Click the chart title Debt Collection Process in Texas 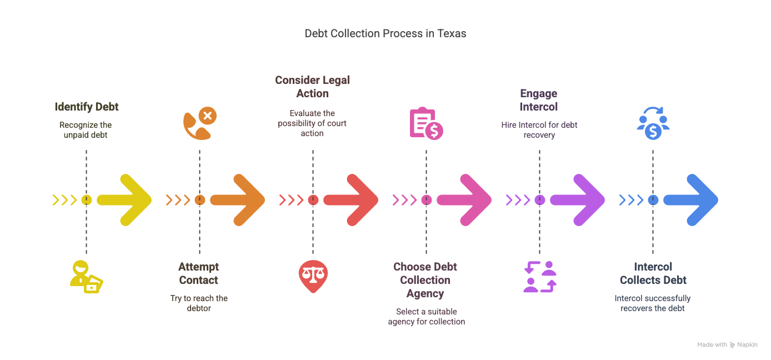pyautogui.click(x=385, y=33)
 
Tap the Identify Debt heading pyautogui.click(x=87, y=107)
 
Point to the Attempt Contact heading pyautogui.click(x=199, y=273)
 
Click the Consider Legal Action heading pyautogui.click(x=313, y=87)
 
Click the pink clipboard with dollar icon pyautogui.click(x=426, y=123)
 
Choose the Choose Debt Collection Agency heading pyautogui.click(x=425, y=280)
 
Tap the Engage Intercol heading pyautogui.click(x=539, y=100)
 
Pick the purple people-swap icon pyautogui.click(x=539, y=277)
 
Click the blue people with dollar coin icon pyautogui.click(x=653, y=124)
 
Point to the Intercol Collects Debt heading pyautogui.click(x=653, y=273)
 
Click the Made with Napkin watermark pyautogui.click(x=727, y=345)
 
